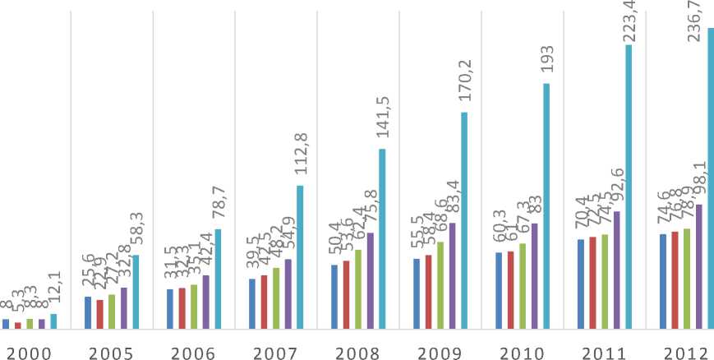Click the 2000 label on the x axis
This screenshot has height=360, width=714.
coord(29,353)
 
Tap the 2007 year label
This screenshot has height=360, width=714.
coord(275,353)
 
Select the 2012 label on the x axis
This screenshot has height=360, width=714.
coord(686,353)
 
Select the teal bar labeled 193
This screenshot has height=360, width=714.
coord(546,205)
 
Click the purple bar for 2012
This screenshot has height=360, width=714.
coord(698,266)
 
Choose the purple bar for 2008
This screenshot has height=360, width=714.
coord(370,280)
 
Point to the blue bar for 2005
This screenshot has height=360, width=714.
coord(88,312)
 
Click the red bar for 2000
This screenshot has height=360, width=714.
coord(17,325)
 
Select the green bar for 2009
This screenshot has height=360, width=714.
coord(440,285)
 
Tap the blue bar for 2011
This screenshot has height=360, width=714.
coord(581,284)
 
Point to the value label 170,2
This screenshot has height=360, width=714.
coord(464,82)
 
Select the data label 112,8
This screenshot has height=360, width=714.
coord(300,156)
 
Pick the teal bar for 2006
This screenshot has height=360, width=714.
coord(218,279)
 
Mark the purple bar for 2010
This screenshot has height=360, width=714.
coord(534,275)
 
